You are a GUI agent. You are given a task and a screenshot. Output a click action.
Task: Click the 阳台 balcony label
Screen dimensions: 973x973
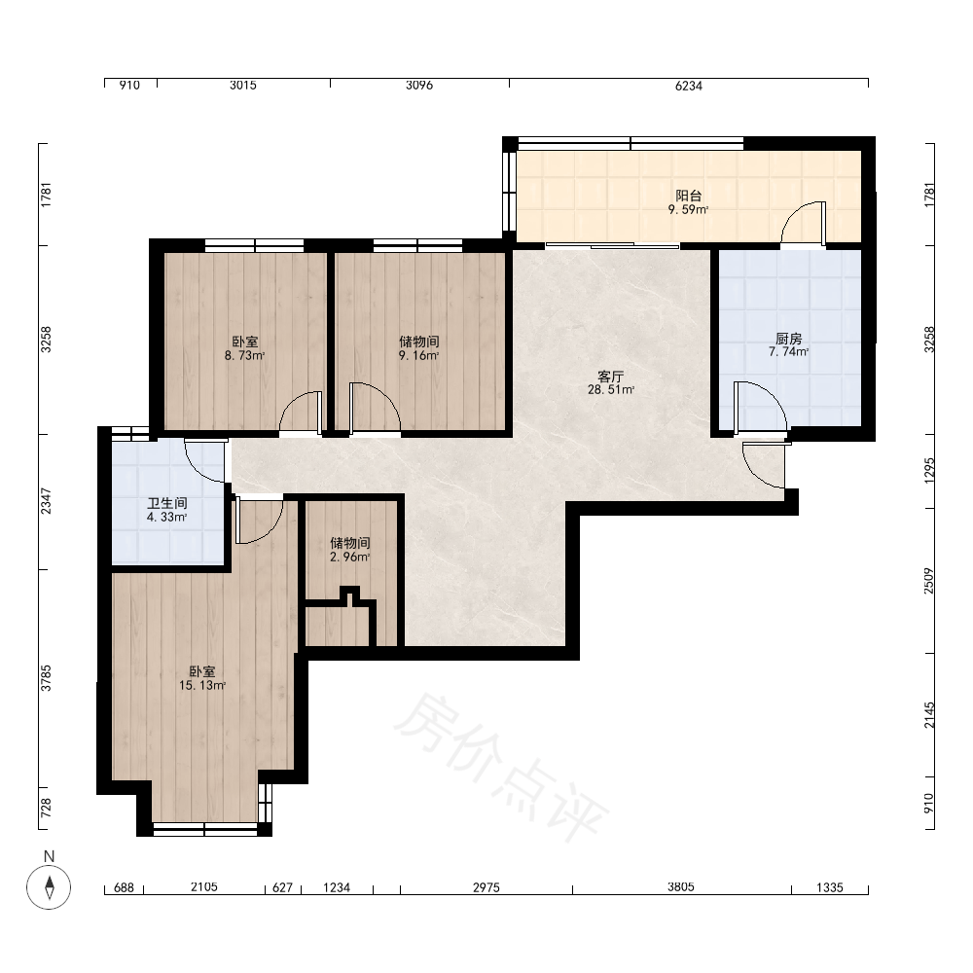pyautogui.click(x=688, y=197)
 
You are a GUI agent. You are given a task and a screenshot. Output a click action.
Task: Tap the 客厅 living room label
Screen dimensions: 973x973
pyautogui.click(x=611, y=377)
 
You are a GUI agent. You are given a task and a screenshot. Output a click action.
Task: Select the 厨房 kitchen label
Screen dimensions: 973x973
pyautogui.click(x=789, y=339)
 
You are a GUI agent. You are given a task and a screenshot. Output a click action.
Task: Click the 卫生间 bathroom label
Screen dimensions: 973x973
pyautogui.click(x=167, y=503)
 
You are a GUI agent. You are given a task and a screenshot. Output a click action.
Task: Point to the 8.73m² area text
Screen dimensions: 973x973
pyautogui.click(x=244, y=355)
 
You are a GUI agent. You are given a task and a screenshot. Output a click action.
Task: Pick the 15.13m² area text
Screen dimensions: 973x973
pyautogui.click(x=202, y=686)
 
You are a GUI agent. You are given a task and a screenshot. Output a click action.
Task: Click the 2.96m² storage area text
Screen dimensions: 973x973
pyautogui.click(x=350, y=558)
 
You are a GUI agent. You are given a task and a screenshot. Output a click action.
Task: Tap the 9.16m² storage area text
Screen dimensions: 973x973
pyautogui.click(x=418, y=355)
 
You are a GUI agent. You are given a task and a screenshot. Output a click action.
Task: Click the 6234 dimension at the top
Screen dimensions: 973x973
pyautogui.click(x=689, y=86)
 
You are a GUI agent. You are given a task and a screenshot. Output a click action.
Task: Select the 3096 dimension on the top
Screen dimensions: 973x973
pyautogui.click(x=419, y=85)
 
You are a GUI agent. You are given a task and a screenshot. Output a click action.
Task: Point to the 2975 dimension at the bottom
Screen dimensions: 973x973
pyautogui.click(x=486, y=887)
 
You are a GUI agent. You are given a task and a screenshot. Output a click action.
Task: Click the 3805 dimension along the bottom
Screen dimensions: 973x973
pyautogui.click(x=681, y=887)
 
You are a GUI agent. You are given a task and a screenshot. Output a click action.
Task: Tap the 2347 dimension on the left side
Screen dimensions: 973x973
pyautogui.click(x=46, y=501)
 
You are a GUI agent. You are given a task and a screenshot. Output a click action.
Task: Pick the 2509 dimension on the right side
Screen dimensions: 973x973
pyautogui.click(x=929, y=581)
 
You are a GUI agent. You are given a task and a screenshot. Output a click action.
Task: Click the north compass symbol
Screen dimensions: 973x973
pyautogui.click(x=49, y=886)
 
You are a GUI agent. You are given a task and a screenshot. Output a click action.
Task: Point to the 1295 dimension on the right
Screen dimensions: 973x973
pyautogui.click(x=929, y=471)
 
